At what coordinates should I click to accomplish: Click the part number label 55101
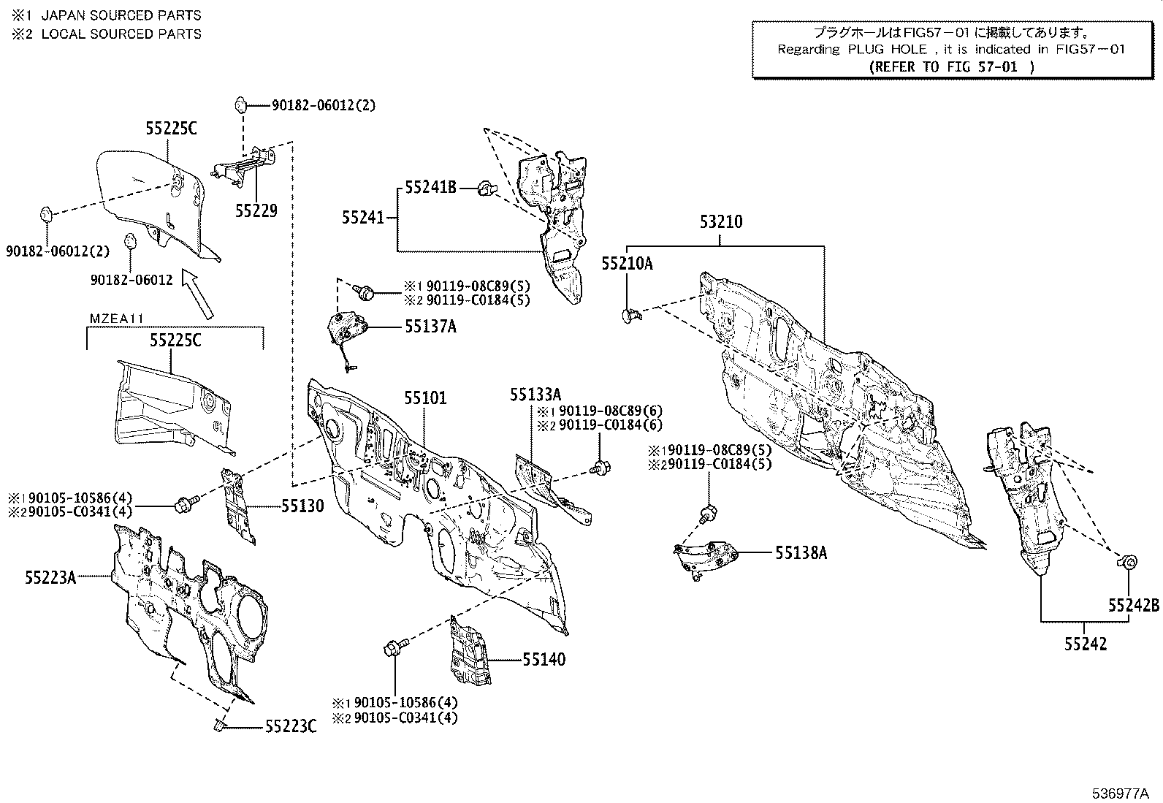[x=425, y=398]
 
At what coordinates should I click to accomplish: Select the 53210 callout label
[x=721, y=222]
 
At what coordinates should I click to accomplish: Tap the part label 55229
[x=256, y=210]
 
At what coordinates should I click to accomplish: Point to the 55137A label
[x=430, y=327]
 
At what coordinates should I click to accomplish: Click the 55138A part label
[x=801, y=553]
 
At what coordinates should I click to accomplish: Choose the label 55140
[x=544, y=660]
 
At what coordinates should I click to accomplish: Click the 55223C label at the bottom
[x=291, y=726]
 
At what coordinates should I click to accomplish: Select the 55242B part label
[x=1133, y=606]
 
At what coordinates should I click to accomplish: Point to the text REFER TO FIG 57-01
[x=952, y=66]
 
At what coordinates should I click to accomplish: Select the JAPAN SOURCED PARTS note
[x=121, y=15]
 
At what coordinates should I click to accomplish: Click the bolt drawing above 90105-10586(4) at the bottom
[x=393, y=647]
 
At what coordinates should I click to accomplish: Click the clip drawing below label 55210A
[x=631, y=315]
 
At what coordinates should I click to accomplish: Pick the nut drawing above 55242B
[x=1127, y=561]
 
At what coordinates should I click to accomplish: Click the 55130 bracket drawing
[x=238, y=504]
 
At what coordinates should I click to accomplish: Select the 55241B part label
[x=430, y=188]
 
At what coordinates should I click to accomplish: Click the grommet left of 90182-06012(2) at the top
[x=240, y=104]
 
